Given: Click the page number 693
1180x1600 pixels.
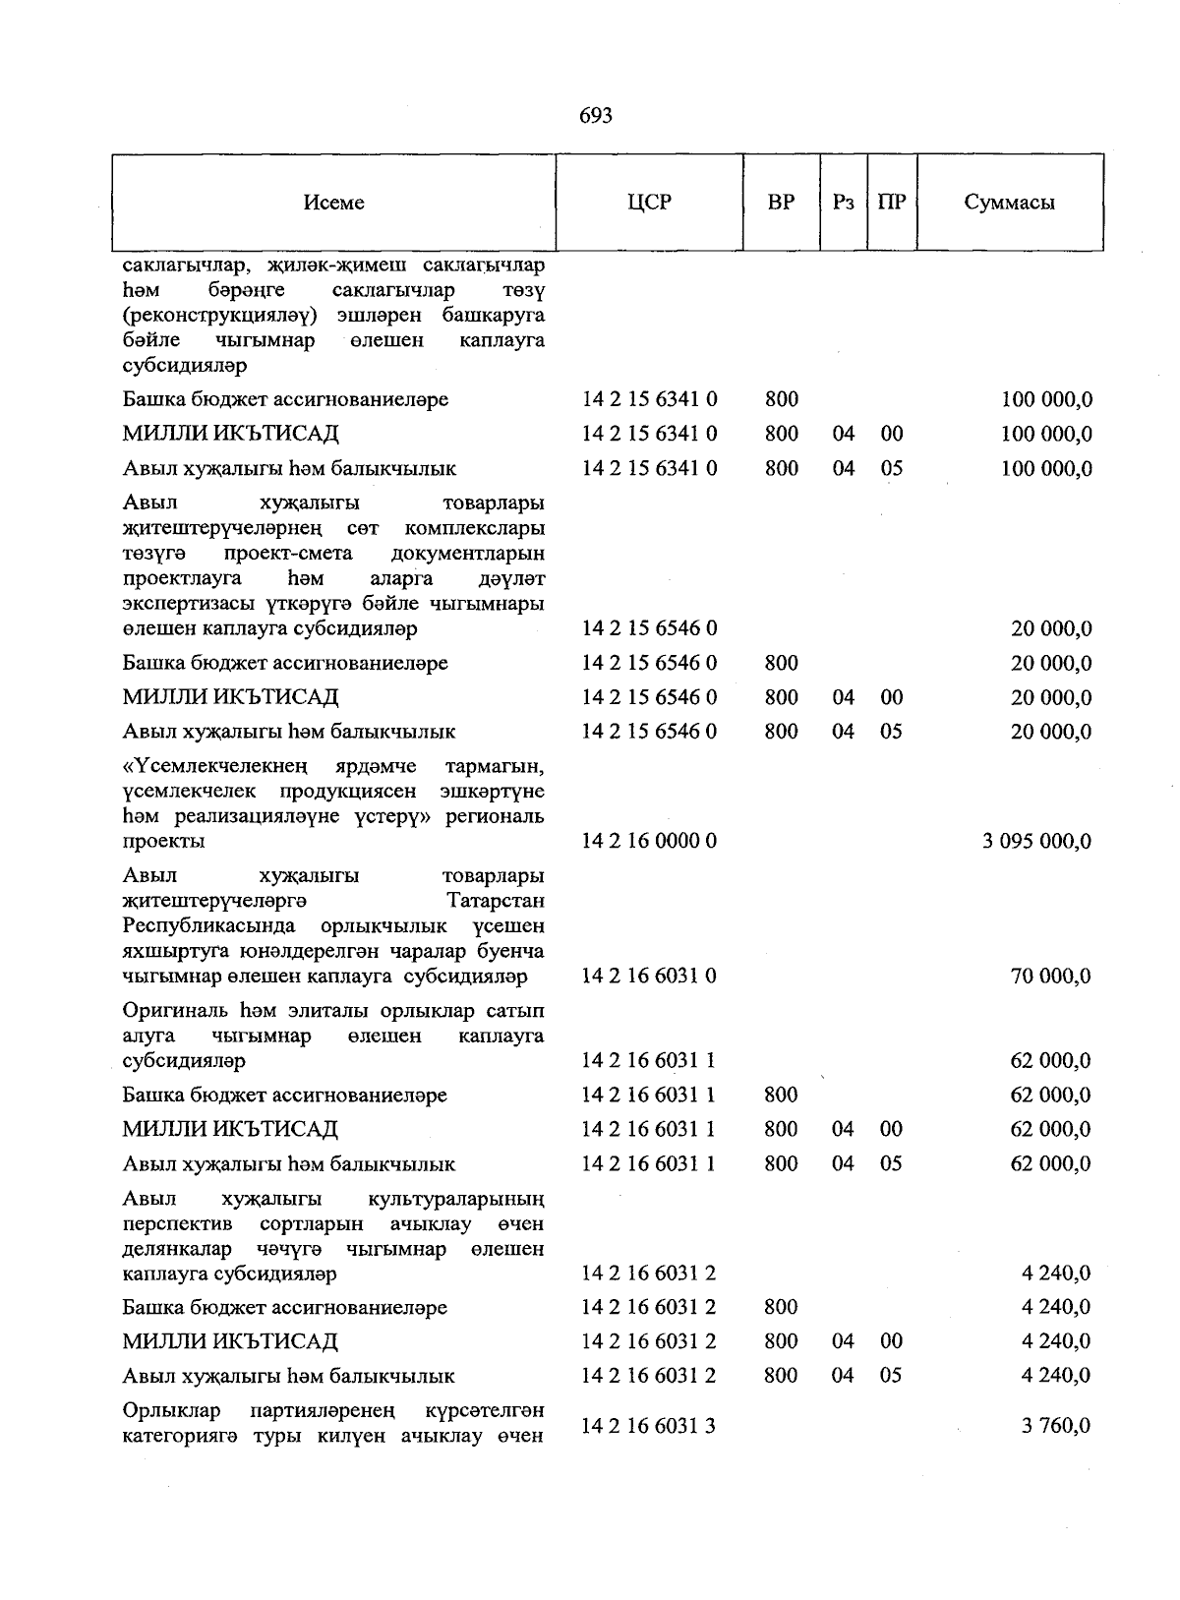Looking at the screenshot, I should coord(596,116).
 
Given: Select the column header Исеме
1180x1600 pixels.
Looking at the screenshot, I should coord(333,203).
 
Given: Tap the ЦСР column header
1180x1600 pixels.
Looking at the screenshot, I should coord(649,203).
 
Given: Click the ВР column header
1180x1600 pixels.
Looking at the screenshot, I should coord(781,203).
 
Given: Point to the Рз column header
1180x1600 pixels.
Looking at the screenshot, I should coord(843,203).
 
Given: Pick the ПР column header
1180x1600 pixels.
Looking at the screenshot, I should coord(892,203).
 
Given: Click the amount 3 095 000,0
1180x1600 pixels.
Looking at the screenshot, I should coord(1036,842).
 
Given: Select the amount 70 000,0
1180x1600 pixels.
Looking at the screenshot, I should coord(1050,977).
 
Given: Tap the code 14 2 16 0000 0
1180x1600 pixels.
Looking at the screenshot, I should coord(649,842).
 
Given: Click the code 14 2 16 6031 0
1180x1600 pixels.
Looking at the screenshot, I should coord(649,977).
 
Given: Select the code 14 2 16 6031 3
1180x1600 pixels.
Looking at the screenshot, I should coord(649,1426).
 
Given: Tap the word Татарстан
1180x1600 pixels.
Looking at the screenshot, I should coord(496,901).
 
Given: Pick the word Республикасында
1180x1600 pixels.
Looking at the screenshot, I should coord(208,926).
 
